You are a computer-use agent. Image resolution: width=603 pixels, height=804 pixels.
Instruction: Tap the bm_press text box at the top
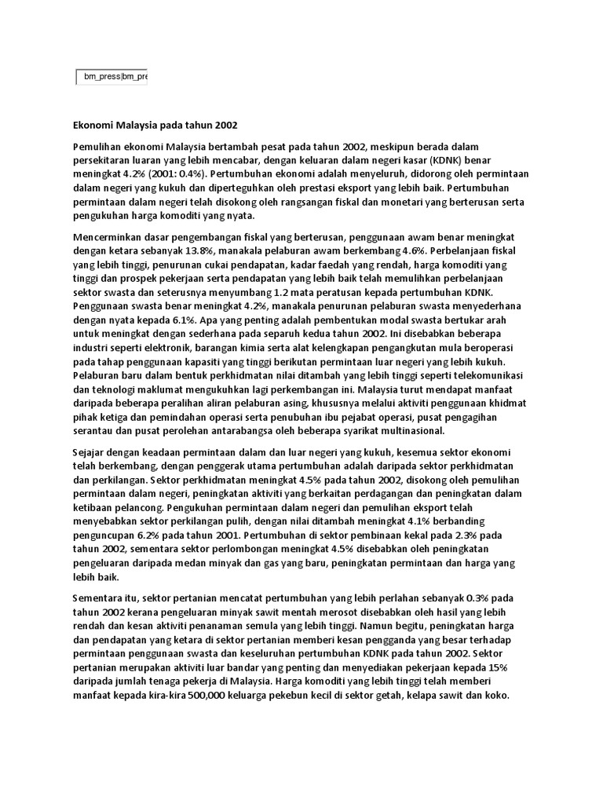(111, 77)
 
